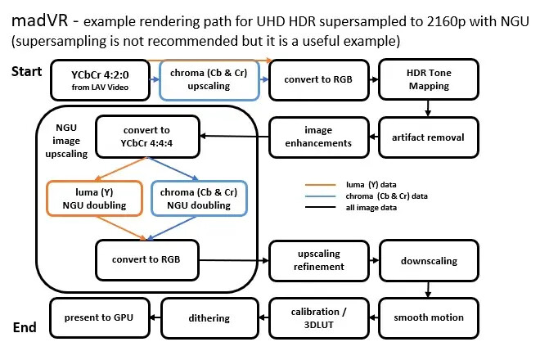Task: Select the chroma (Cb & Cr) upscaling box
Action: [209, 79]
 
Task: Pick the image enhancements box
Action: [318, 137]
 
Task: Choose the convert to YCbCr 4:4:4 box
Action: [147, 136]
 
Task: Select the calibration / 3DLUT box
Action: [318, 317]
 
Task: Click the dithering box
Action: [209, 317]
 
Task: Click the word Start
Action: [26, 72]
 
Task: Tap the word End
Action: [25, 328]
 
